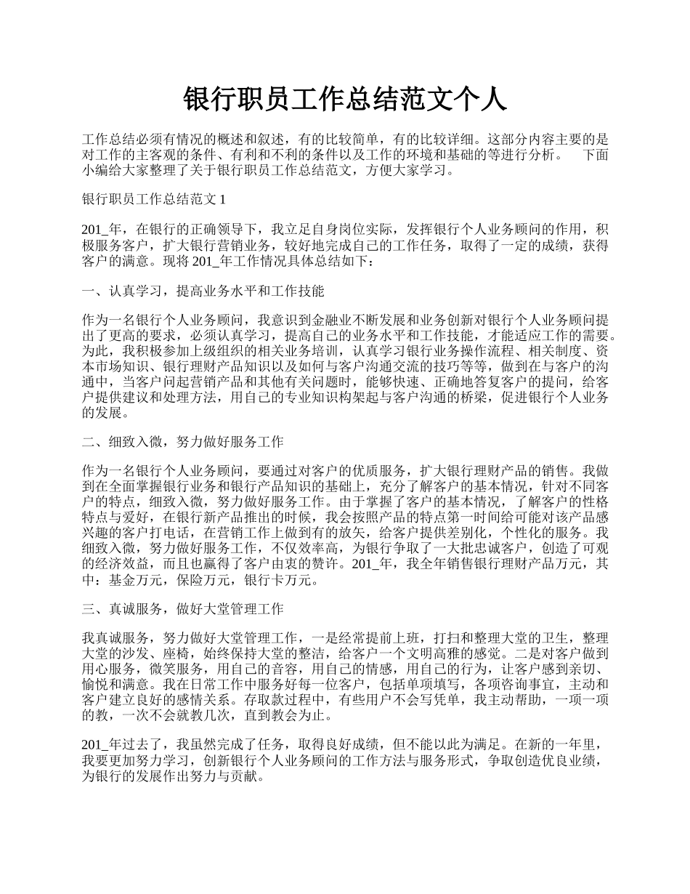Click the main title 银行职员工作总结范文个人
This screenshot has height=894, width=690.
click(x=345, y=100)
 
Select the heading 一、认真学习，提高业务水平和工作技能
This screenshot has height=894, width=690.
click(x=203, y=291)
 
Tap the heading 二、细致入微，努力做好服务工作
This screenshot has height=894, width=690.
click(x=182, y=441)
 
